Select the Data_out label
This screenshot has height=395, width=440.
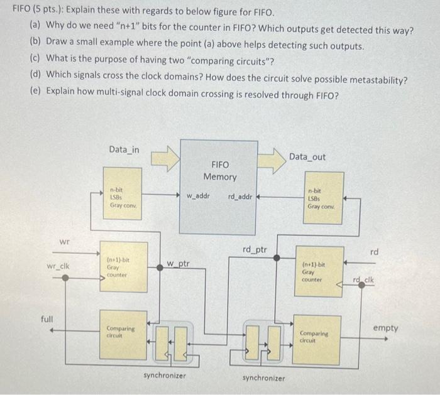(x=308, y=156)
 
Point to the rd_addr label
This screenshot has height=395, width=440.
(x=239, y=196)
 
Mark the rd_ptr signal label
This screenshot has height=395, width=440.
(x=255, y=249)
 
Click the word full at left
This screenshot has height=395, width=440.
(x=48, y=319)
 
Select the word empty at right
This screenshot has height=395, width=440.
(x=385, y=328)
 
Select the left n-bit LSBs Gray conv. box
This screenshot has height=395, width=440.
(x=124, y=196)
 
